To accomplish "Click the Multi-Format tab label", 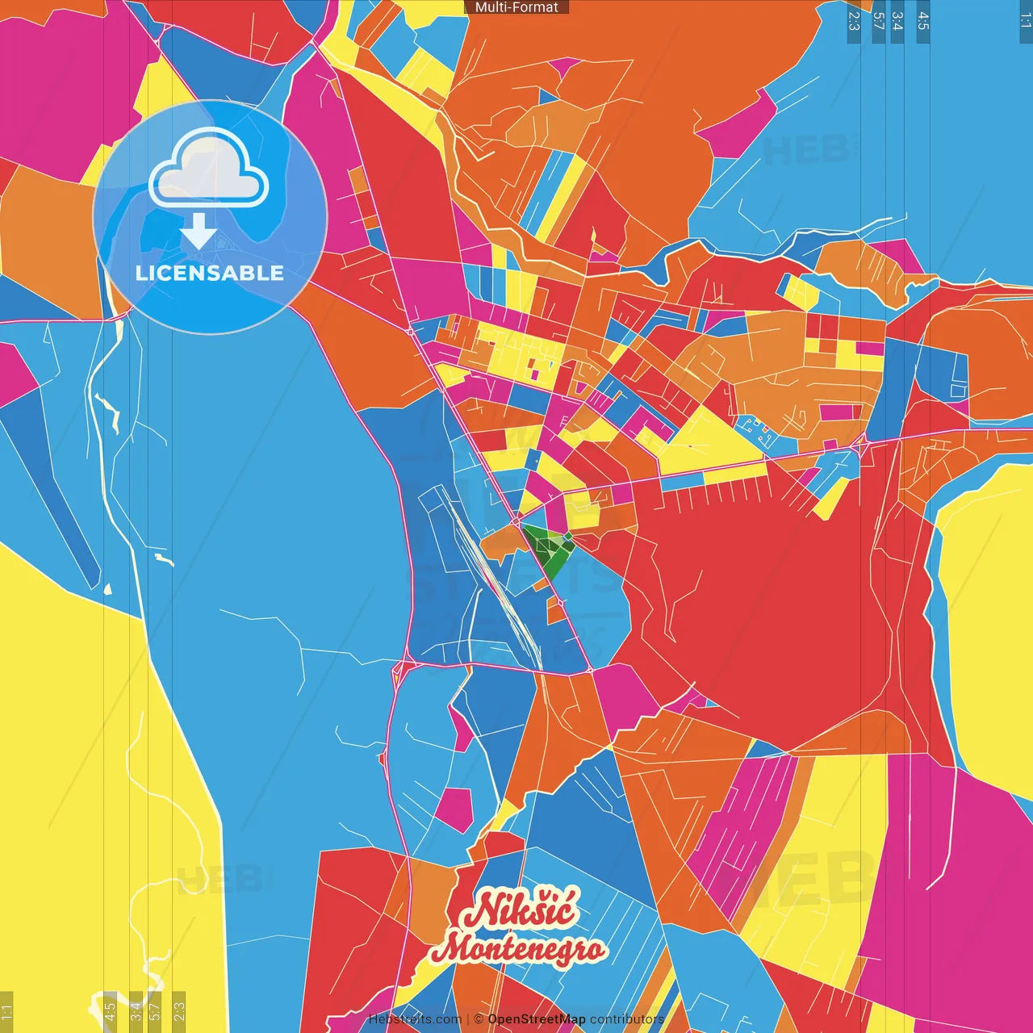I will point(516,7).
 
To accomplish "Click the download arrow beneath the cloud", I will point(199,232).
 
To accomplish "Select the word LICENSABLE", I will point(210,273).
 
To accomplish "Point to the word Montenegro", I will point(518,948).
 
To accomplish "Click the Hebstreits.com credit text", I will point(415,1019).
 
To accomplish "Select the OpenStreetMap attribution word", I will point(537,1019).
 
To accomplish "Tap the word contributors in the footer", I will point(627,1019).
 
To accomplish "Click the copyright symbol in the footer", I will point(479,1019).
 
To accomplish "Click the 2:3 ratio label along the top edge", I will point(854,21).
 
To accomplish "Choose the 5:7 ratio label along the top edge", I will point(878,21).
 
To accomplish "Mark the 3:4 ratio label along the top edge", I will point(897,21).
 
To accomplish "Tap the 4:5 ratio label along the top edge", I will point(923,21).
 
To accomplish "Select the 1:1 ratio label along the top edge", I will point(1026,21).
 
